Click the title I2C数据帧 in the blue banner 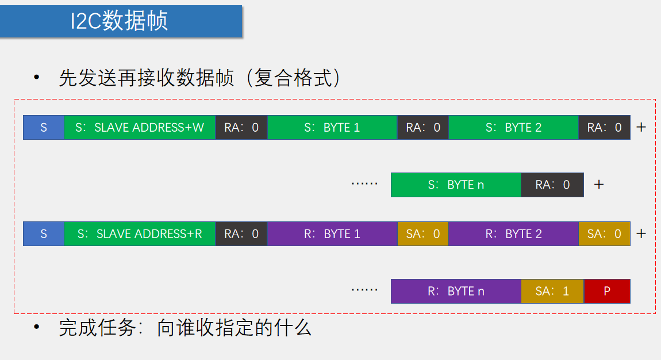pos(119,21)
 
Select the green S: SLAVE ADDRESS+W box pos(140,127)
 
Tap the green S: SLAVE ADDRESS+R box pos(140,234)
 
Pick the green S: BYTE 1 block pos(332,127)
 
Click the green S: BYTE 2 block pos(513,127)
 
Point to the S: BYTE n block pos(456,185)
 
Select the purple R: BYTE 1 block pos(332,234)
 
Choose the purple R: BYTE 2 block pos(513,234)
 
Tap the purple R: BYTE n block pos(456,291)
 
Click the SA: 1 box pos(552,291)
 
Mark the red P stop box pos(607,291)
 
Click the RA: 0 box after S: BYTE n pos(552,185)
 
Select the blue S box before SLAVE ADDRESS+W pos(44,127)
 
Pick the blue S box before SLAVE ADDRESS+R pos(44,234)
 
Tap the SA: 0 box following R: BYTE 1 pos(423,234)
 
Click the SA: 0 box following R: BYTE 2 pos(604,234)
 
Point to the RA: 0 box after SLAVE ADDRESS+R pos(241,234)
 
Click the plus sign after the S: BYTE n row pos(599,185)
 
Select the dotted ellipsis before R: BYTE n pos(364,290)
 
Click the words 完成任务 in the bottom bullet pos(98,328)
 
